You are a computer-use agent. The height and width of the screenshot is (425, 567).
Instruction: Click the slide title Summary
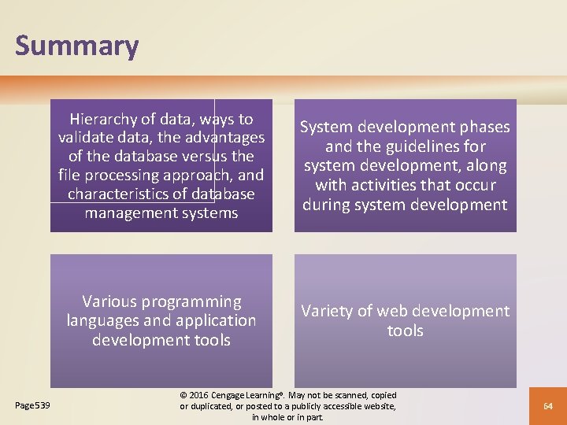(76, 46)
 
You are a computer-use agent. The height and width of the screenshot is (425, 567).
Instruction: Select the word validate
(87, 138)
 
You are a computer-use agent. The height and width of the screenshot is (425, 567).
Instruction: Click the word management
(127, 213)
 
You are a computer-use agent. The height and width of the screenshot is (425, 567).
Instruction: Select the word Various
(109, 301)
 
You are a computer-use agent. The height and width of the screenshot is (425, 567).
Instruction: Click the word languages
(104, 320)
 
